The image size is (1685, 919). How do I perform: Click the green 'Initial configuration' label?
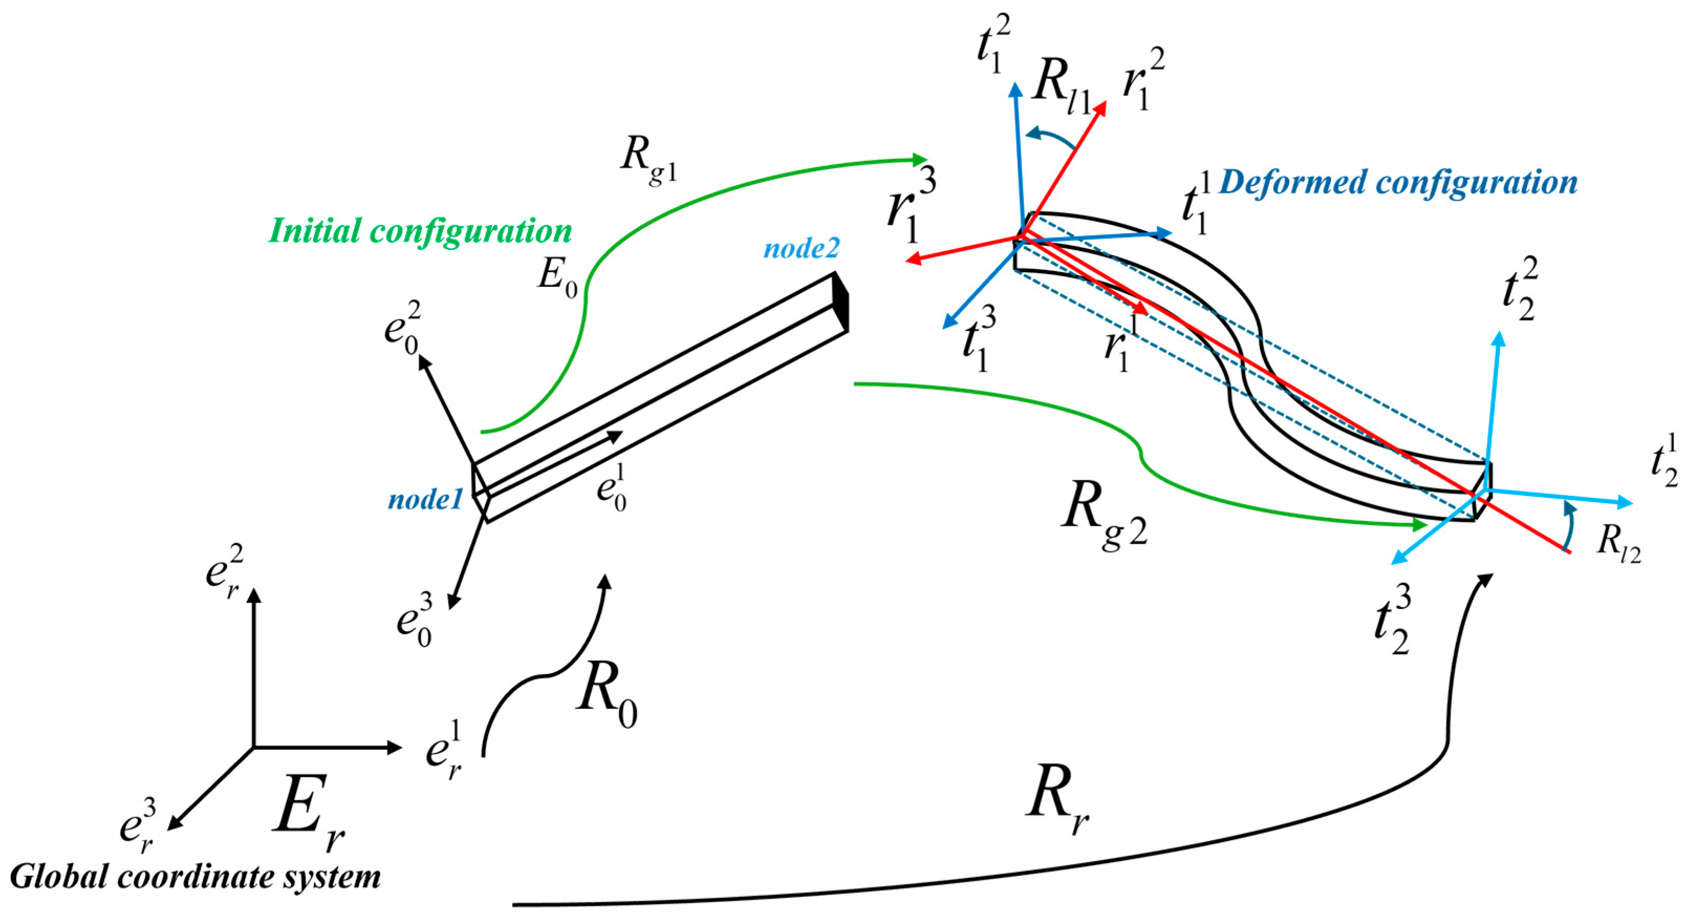(421, 232)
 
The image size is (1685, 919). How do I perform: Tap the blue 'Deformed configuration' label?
(1398, 182)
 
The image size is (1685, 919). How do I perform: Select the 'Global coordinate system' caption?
(195, 877)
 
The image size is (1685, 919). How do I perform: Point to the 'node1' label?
(425, 500)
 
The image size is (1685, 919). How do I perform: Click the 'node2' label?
(801, 248)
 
